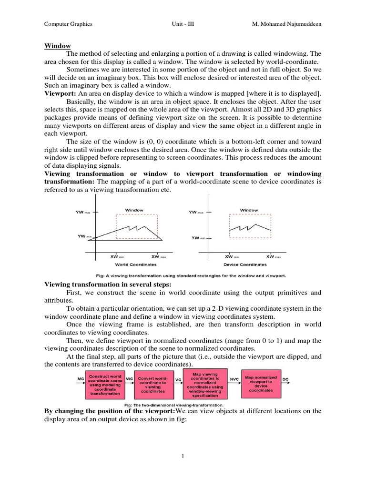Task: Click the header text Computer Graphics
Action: point(68,23)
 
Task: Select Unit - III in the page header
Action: point(183,23)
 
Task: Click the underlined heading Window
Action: point(58,46)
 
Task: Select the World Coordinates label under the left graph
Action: point(136,264)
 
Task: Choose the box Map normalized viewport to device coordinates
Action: point(261,384)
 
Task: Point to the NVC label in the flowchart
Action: point(234,379)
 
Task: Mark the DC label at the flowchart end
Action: point(285,379)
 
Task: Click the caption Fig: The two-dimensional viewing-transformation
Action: point(183,406)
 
